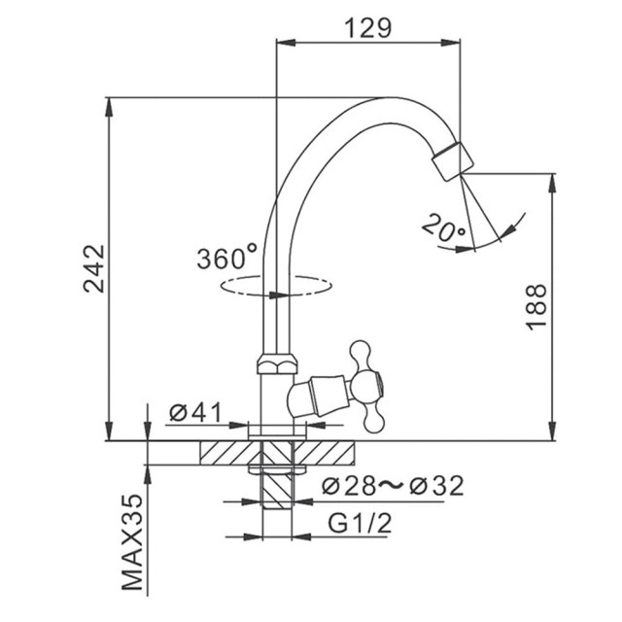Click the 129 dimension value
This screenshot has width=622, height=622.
point(367,28)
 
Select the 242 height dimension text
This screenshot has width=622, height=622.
point(94,268)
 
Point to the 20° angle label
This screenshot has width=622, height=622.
point(443,227)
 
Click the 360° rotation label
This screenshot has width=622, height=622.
point(226,257)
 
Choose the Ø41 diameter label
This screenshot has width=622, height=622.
point(195,412)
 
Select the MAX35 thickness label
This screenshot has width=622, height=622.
point(132,542)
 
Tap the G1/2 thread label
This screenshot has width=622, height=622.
point(360,523)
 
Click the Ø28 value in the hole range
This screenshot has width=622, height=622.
point(349,486)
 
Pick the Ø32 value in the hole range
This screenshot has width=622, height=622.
point(436,486)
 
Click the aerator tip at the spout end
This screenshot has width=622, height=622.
point(453,161)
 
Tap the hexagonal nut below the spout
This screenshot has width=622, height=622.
point(277,363)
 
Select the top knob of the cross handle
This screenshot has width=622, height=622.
point(361,351)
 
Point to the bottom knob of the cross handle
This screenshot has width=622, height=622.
point(373,421)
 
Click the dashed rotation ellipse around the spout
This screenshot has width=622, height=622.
point(276,285)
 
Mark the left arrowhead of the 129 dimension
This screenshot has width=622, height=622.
point(286,42)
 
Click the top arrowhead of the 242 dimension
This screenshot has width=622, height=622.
point(108,107)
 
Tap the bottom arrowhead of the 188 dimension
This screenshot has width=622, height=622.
point(552,431)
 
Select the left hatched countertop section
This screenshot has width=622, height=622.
point(230,453)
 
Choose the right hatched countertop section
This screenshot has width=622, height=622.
point(324,453)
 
